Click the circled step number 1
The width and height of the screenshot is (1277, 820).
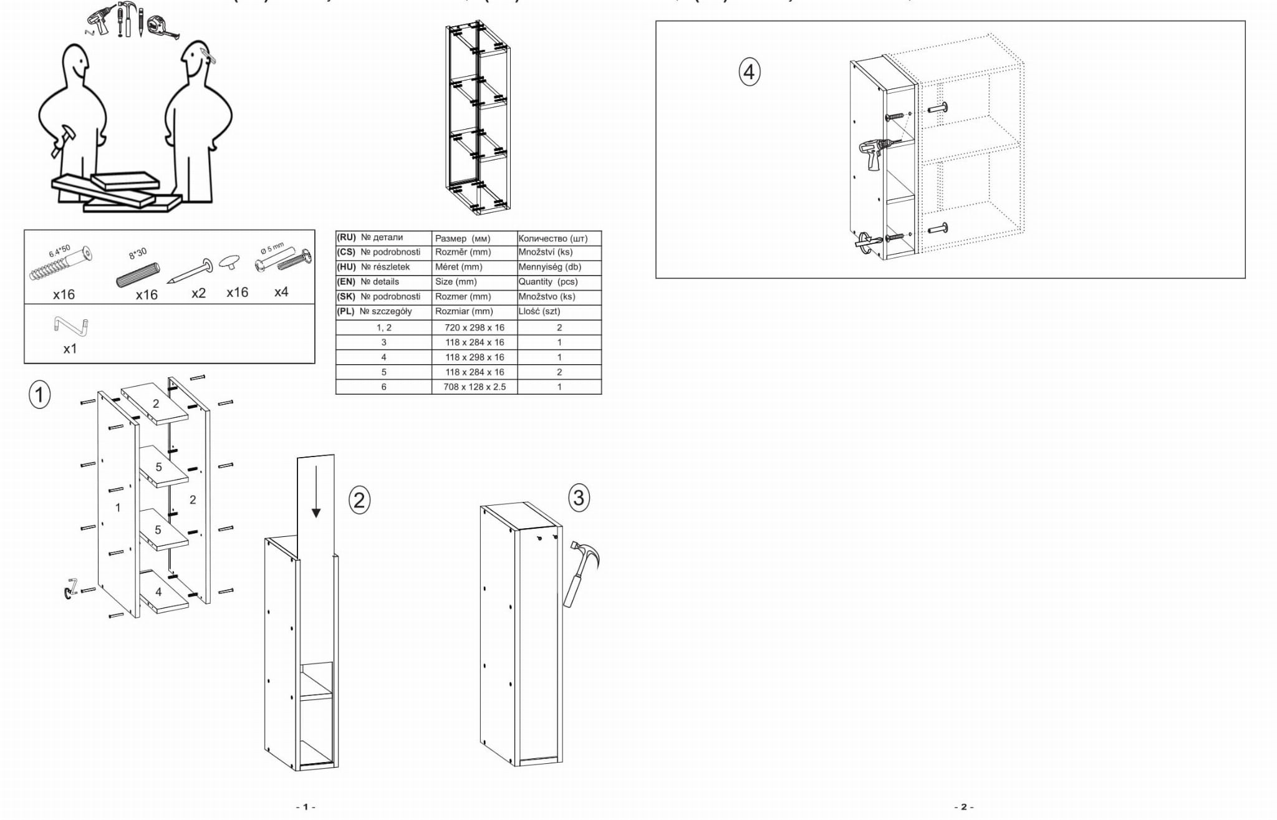40,395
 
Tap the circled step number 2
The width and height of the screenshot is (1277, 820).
359,500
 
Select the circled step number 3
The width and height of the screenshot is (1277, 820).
579,498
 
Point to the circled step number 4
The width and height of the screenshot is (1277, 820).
749,72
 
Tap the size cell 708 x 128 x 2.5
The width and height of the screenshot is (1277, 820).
475,387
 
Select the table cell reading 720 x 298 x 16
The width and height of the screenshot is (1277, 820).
475,328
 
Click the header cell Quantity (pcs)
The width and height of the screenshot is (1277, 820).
548,282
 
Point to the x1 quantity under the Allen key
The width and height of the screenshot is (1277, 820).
70,349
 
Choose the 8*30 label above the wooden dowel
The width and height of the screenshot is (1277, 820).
138,253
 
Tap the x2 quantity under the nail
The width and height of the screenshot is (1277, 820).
198,293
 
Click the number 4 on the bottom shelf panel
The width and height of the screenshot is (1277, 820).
158,592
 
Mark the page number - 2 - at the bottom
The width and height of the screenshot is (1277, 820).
963,807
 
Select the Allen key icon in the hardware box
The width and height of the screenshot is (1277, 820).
71,326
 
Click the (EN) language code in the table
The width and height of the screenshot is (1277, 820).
346,282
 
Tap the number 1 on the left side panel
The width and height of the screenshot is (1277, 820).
118,508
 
